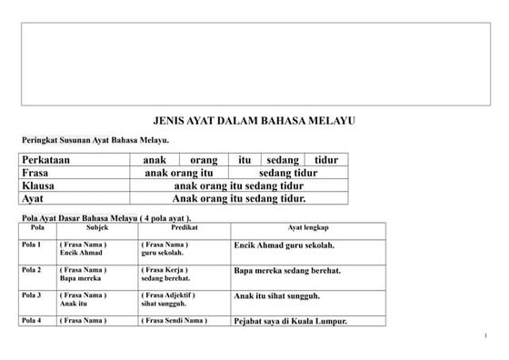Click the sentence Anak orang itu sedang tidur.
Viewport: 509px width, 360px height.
tap(239, 198)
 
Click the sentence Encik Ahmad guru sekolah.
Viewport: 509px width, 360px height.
tap(284, 246)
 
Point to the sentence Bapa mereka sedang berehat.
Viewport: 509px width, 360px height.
tap(287, 271)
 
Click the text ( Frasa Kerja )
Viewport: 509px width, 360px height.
tap(165, 270)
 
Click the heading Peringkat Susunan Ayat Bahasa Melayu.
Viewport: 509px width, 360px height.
tap(95, 141)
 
